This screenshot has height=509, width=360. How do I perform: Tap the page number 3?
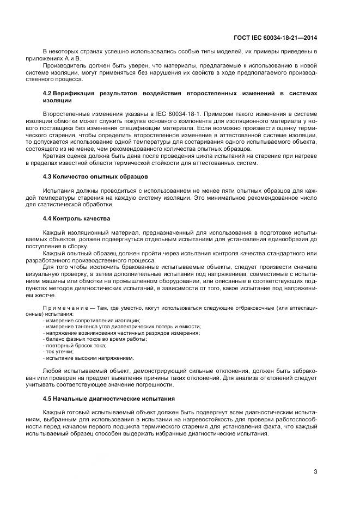[x=315, y=471]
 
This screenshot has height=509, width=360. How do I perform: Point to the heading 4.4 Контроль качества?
[x=76, y=218]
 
